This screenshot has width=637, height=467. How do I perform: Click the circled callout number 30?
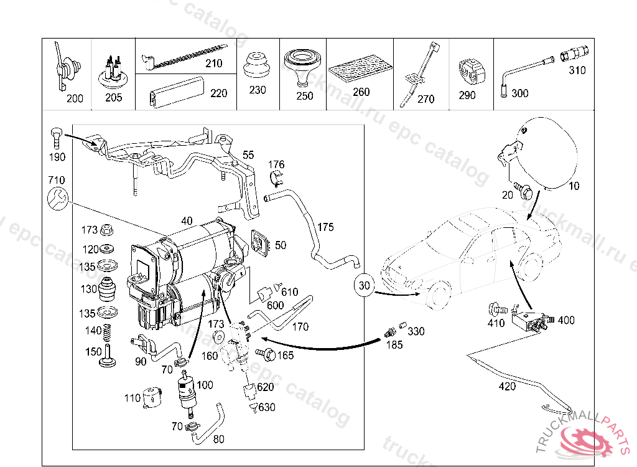pyautogui.click(x=365, y=286)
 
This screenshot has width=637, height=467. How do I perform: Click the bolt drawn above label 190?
pyautogui.click(x=56, y=133)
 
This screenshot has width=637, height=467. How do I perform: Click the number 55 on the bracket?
pyautogui.click(x=248, y=154)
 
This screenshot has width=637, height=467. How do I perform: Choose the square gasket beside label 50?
pyautogui.click(x=258, y=243)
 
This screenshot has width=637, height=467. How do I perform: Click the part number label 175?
pyautogui.click(x=325, y=227)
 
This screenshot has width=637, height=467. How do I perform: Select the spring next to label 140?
pyautogui.click(x=107, y=333)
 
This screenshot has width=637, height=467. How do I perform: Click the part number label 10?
pyautogui.click(x=572, y=186)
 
